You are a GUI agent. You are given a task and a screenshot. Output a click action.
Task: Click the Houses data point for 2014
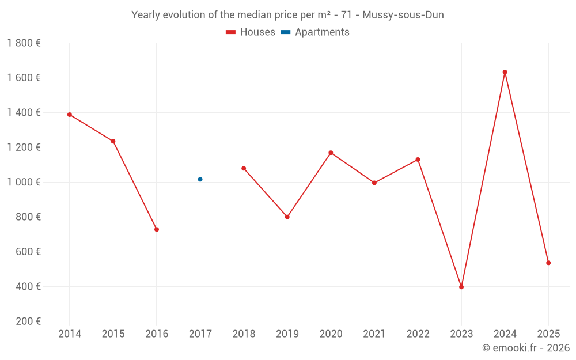click(70, 115)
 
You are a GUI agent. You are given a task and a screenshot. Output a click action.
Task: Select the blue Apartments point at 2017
click(200, 179)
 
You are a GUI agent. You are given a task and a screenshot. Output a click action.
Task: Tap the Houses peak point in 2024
click(505, 72)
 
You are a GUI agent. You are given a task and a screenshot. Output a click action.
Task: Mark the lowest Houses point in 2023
click(461, 287)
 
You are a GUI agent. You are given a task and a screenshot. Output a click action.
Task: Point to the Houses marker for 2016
click(157, 229)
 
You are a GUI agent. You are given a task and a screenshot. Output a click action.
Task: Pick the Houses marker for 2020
click(331, 153)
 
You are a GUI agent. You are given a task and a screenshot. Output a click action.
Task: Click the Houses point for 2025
click(548, 263)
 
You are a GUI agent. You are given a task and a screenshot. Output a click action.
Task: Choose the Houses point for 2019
click(287, 217)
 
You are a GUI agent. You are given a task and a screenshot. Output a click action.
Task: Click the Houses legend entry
click(251, 32)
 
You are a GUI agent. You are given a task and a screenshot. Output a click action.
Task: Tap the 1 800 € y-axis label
click(24, 43)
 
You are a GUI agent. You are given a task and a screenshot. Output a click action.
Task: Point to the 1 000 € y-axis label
click(24, 182)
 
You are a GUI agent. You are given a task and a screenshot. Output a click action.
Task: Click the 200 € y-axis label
click(28, 321)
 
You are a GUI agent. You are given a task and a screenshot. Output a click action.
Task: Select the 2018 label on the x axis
click(244, 334)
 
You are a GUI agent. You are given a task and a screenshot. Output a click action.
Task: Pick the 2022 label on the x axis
click(418, 334)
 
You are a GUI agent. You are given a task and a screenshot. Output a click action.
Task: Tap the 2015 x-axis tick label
click(113, 334)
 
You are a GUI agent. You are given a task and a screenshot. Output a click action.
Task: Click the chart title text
click(287, 15)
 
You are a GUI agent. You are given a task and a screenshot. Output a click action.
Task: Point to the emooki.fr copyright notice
click(525, 348)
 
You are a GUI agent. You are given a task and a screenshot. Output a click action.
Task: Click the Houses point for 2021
click(374, 183)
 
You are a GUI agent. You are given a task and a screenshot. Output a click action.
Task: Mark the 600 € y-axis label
click(28, 252)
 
